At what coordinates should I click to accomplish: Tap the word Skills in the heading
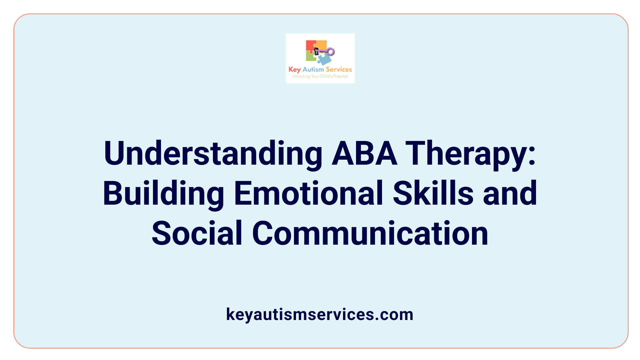pyautogui.click(x=433, y=193)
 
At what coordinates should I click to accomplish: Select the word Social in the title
pyautogui.click(x=197, y=233)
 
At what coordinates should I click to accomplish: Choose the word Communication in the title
pyautogui.click(x=370, y=233)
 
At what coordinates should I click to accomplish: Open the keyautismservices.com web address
pyautogui.click(x=320, y=314)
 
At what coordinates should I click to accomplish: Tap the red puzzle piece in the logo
pyautogui.click(x=310, y=46)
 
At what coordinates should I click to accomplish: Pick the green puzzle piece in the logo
pyautogui.click(x=310, y=57)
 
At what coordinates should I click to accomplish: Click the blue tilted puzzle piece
pyautogui.click(x=324, y=59)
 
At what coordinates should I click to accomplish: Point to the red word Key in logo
pyautogui.click(x=294, y=69)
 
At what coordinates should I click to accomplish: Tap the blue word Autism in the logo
pyautogui.click(x=313, y=69)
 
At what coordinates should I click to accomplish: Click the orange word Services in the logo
pyautogui.click(x=339, y=69)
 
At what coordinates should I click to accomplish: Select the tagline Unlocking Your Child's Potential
pyautogui.click(x=320, y=76)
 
